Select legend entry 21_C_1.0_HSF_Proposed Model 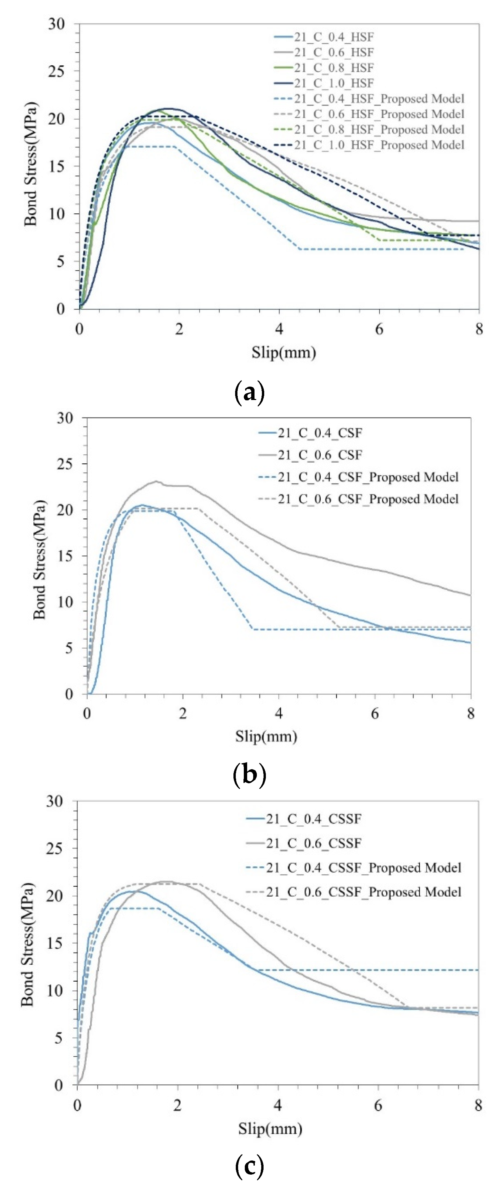(379, 145)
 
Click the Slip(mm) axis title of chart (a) (284, 352)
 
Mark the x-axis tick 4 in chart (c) (278, 1106)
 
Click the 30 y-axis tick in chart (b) (65, 418)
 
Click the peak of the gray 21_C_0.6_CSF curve (157, 481)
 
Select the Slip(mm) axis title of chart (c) (270, 1129)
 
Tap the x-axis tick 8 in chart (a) (479, 329)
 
